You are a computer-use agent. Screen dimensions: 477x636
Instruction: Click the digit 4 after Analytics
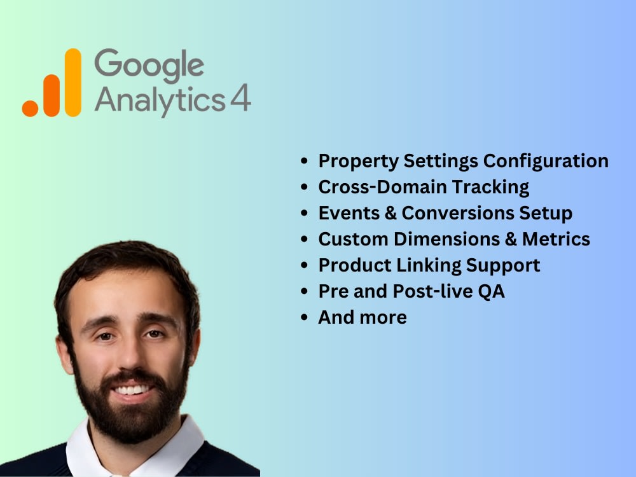click(240, 99)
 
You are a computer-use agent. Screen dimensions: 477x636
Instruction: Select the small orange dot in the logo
click(31, 107)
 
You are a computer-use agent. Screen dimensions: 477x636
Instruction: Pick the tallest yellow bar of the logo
click(73, 82)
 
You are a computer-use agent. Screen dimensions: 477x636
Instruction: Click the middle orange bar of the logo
click(52, 95)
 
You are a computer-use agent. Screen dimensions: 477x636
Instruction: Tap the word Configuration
click(546, 161)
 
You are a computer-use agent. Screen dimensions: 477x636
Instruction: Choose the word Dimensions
click(448, 239)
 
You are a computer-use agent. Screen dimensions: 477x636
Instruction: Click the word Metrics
click(556, 239)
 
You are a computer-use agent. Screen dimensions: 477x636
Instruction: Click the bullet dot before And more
click(306, 317)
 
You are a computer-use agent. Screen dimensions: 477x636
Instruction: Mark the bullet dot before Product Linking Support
click(306, 265)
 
